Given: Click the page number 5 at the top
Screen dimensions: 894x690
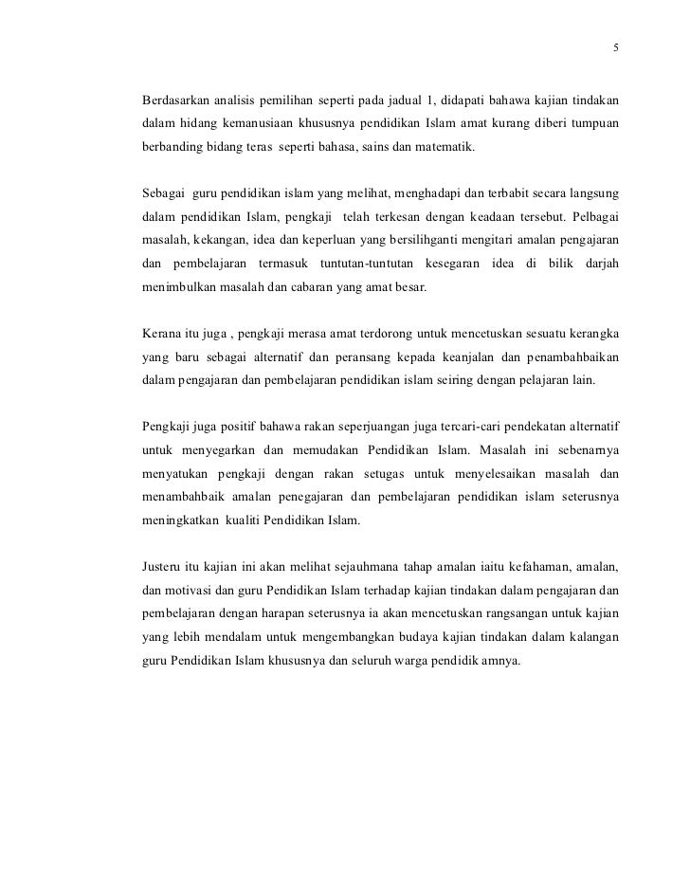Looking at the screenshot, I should pyautogui.click(x=616, y=48).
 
